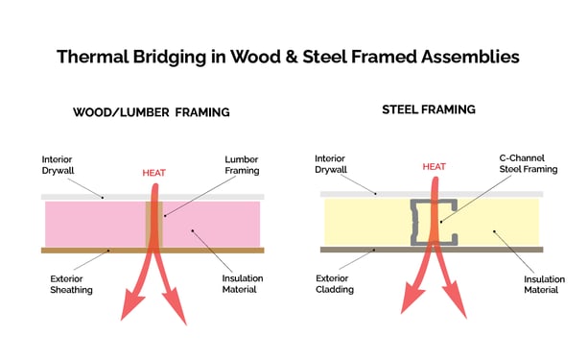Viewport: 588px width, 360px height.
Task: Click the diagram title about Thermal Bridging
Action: coord(288,56)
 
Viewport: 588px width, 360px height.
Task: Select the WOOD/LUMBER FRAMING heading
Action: coord(152,112)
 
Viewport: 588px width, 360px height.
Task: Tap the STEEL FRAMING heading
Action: coord(429,109)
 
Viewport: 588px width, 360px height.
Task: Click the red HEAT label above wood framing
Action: coord(154,173)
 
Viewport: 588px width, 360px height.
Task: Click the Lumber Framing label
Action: coord(241,165)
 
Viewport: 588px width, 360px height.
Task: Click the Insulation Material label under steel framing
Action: coord(544,285)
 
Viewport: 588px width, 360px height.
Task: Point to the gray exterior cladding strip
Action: coord(365,249)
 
